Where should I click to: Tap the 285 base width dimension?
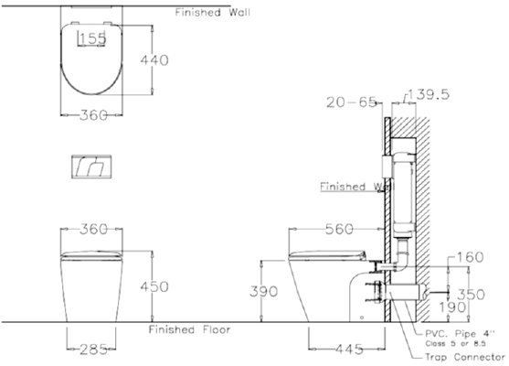click(x=90, y=349)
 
